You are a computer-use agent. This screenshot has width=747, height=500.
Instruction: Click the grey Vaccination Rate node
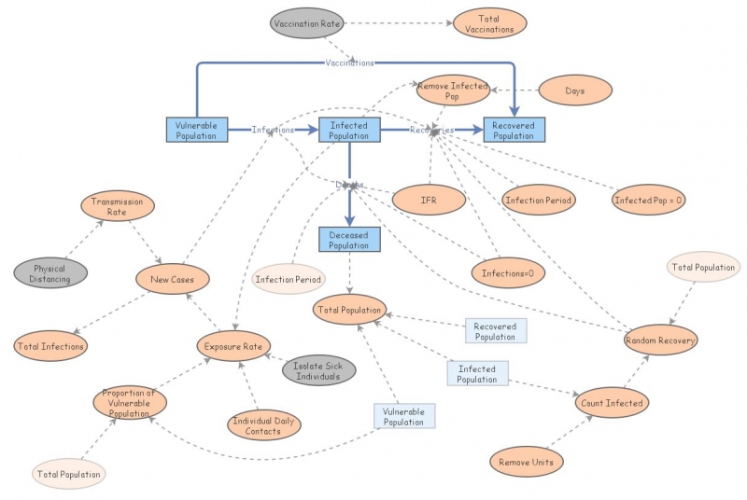307,22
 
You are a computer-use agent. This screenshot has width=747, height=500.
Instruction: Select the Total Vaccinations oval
489,23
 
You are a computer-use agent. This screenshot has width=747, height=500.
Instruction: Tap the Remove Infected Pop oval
452,90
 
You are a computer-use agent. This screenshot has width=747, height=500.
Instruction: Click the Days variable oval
575,90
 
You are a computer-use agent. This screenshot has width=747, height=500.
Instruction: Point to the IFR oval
429,198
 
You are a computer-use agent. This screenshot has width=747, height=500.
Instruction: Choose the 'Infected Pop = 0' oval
649,200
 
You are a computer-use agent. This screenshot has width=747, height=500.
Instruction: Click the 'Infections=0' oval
507,272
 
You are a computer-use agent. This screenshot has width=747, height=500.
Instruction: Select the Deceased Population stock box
349,240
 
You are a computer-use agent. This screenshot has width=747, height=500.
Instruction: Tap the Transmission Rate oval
117,206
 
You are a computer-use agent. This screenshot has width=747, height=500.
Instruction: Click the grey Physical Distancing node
49,273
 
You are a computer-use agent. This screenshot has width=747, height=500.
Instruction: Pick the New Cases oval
173,278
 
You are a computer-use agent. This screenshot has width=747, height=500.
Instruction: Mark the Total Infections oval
50,346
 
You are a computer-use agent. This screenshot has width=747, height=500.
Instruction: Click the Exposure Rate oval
233,347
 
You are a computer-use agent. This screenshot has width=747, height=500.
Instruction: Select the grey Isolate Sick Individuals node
319,370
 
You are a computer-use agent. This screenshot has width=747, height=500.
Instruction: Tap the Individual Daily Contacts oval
264,424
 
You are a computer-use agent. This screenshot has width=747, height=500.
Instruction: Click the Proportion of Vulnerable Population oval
130,402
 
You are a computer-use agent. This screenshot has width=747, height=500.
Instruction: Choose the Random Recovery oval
660,340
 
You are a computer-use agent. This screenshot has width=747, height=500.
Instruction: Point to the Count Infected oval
612,402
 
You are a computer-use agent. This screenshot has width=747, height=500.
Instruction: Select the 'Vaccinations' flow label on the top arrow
349,62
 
